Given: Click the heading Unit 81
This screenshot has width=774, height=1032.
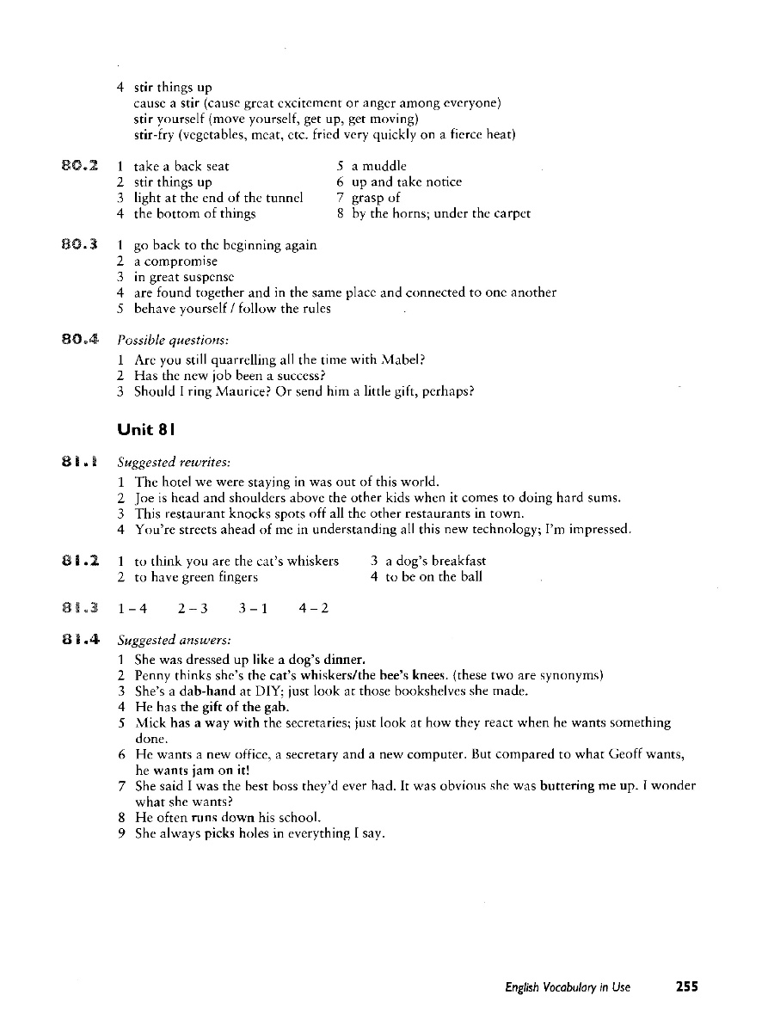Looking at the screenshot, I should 149,429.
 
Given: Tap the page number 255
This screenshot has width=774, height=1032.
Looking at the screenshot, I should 686,987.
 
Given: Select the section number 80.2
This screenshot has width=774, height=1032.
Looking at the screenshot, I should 84,165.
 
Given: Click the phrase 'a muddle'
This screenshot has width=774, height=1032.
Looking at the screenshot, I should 379,165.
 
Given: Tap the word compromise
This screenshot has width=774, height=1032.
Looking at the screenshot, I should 181,261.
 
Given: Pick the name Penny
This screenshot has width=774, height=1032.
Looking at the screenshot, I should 151,674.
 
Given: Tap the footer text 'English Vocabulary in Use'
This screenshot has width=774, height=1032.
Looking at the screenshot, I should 568,987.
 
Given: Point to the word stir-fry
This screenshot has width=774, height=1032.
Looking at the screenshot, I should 154,135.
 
